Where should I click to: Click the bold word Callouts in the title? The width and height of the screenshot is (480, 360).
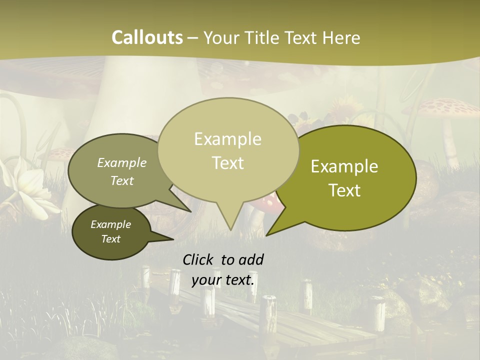point(147,37)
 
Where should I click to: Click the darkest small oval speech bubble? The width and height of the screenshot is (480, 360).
point(111,232)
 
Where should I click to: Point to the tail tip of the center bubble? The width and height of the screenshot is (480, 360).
point(230,230)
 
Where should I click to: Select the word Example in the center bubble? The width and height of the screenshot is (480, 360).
point(227,139)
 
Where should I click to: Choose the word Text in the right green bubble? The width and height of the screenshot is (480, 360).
point(345,190)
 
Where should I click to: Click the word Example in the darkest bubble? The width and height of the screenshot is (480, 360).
point(111,224)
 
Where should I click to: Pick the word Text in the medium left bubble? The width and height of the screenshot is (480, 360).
point(122,181)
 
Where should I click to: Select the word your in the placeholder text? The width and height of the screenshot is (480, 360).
point(206,280)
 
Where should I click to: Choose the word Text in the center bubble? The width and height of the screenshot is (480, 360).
point(228,162)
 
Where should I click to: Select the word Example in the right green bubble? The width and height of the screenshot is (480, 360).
point(344,166)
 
